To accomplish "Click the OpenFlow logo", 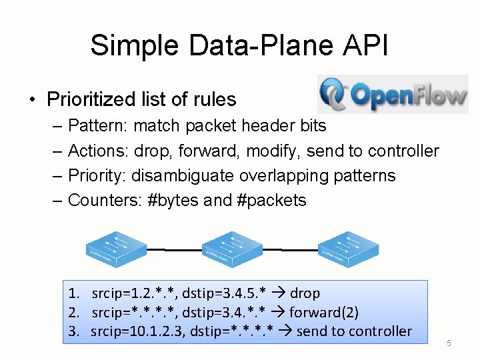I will (393, 95).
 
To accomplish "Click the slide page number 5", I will (449, 343).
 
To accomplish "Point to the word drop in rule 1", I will (305, 293).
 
